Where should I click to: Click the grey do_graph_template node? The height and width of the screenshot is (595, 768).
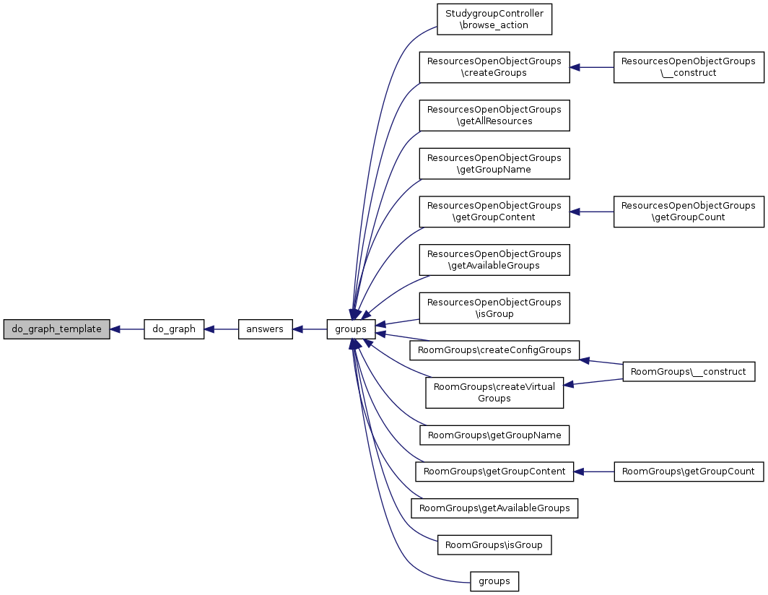pyautogui.click(x=56, y=329)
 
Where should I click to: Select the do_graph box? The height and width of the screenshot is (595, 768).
pyautogui.click(x=174, y=329)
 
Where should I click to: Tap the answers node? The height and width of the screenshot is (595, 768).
pyautogui.click(x=265, y=329)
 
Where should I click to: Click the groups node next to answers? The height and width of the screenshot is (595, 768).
pyautogui.click(x=351, y=329)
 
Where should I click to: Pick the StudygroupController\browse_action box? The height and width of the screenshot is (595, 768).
pyautogui.click(x=494, y=19)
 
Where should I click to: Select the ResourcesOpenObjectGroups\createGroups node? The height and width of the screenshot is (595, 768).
pyautogui.click(x=494, y=67)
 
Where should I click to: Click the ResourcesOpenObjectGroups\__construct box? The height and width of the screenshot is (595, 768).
pyautogui.click(x=689, y=67)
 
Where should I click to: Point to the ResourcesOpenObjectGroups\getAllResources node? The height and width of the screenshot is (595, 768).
pyautogui.click(x=494, y=116)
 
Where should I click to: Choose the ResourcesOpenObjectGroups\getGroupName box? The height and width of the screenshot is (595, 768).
pyautogui.click(x=494, y=164)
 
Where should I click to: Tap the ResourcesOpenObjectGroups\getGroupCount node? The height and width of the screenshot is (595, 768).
pyautogui.click(x=689, y=212)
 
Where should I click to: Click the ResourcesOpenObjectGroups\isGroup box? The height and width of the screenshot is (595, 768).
pyautogui.click(x=494, y=308)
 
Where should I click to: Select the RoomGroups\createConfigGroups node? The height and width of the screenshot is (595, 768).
pyautogui.click(x=494, y=350)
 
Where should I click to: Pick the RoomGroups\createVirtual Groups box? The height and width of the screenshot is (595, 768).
pyautogui.click(x=494, y=393)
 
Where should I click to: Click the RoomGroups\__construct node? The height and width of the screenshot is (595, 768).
pyautogui.click(x=689, y=372)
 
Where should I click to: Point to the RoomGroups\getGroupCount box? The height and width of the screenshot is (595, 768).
pyautogui.click(x=689, y=472)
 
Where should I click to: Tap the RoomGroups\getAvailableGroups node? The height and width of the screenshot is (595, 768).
pyautogui.click(x=494, y=508)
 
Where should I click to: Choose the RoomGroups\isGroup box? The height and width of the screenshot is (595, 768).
pyautogui.click(x=494, y=544)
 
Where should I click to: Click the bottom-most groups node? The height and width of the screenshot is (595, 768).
pyautogui.click(x=494, y=581)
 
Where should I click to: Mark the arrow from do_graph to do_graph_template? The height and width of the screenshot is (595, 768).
pyautogui.click(x=127, y=329)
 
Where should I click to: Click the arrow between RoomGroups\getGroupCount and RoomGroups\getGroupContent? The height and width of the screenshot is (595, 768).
pyautogui.click(x=594, y=472)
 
